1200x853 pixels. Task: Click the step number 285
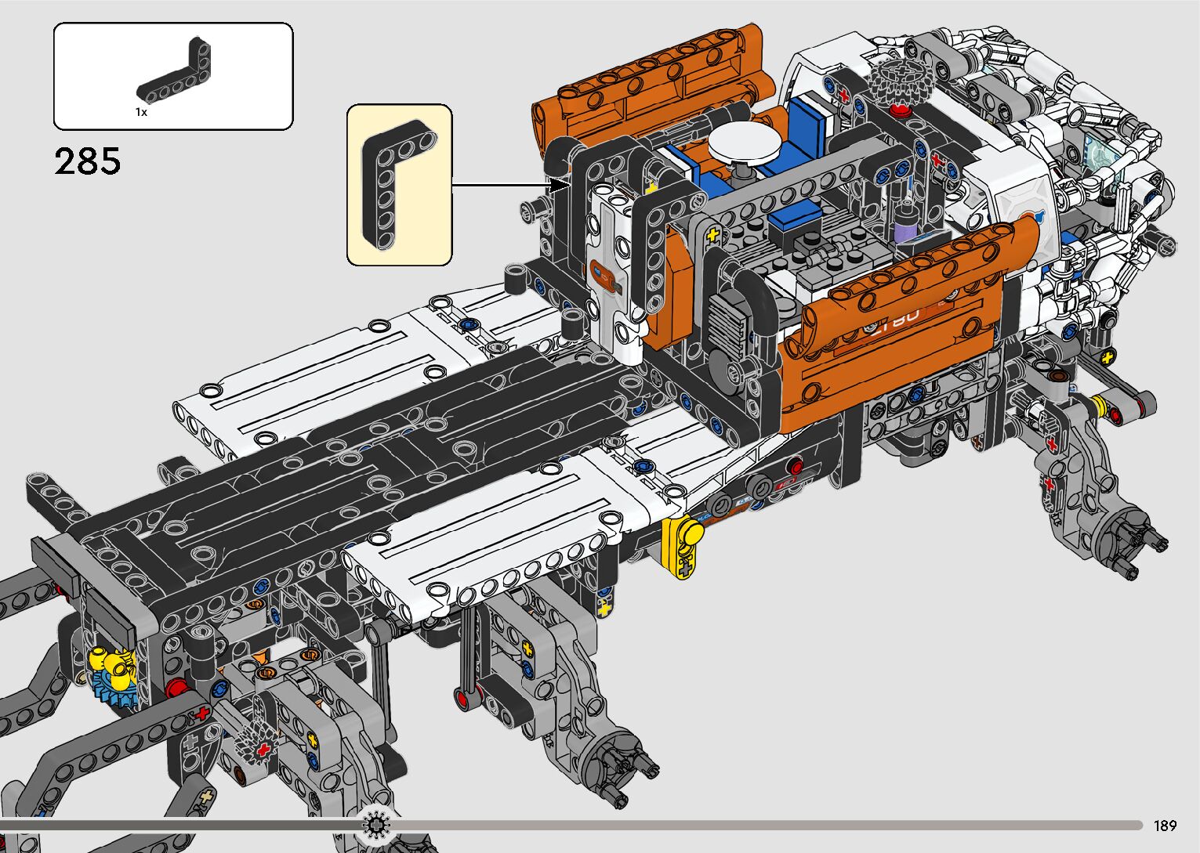(88, 161)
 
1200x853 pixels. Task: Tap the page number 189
(1166, 825)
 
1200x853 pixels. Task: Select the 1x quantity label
(141, 113)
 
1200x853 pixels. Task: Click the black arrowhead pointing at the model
(560, 186)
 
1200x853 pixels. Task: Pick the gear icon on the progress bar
(377, 825)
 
